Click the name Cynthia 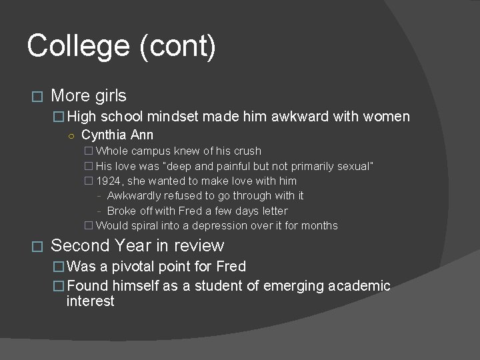pos(102,135)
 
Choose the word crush pos(247,151)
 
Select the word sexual pos(353,166)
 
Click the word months pos(319,225)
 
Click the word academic pos(355,286)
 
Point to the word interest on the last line pos(91,301)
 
